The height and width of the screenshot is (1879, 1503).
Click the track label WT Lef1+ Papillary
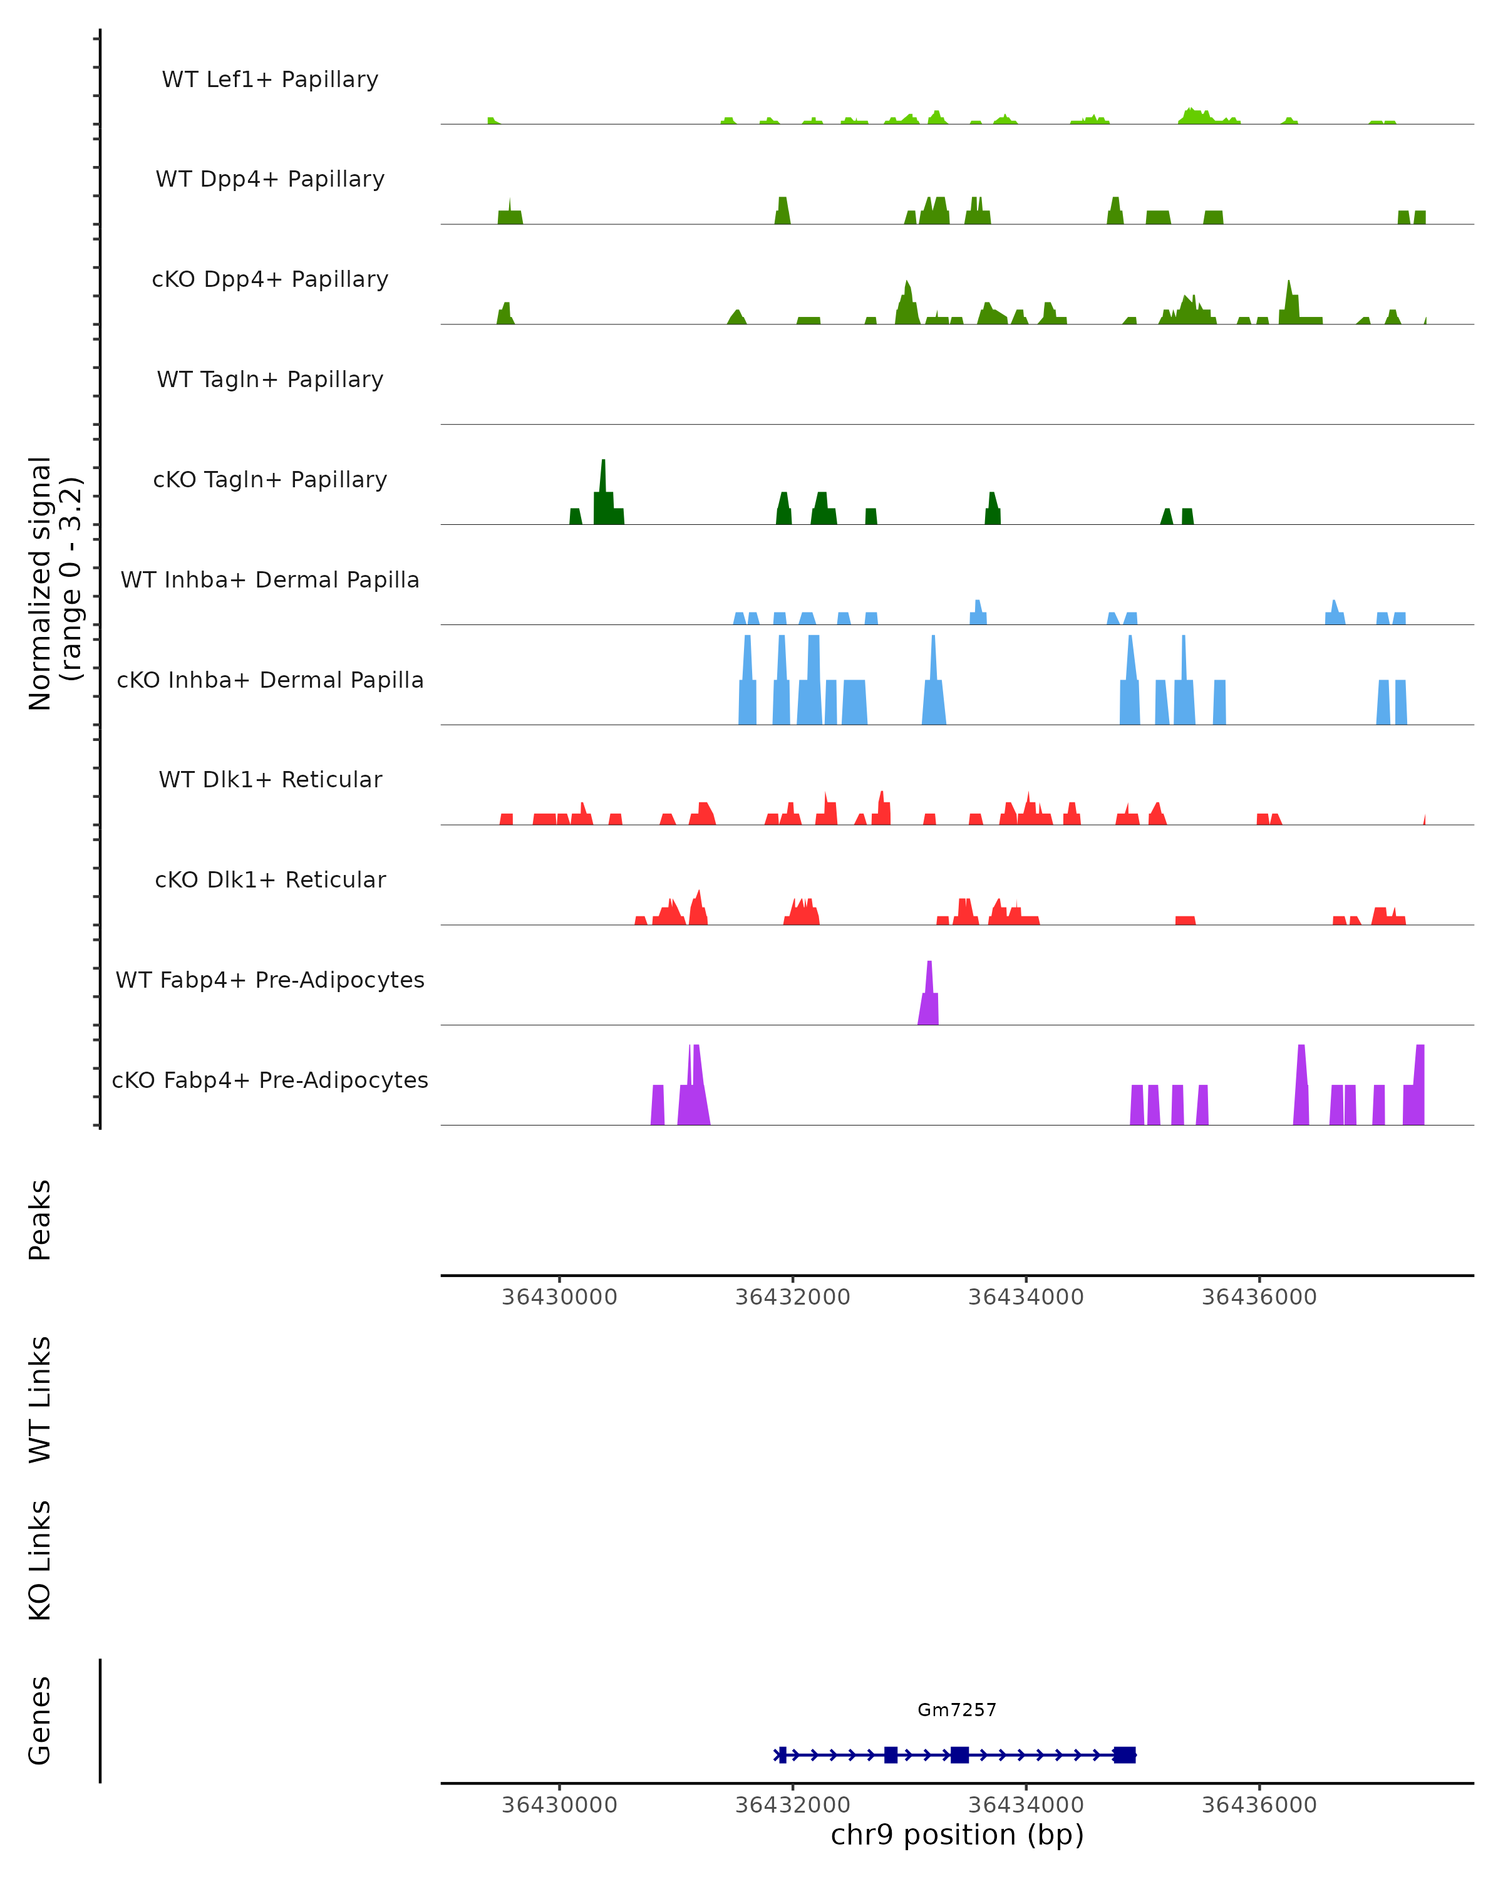(270, 80)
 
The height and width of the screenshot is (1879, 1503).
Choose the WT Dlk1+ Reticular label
(270, 779)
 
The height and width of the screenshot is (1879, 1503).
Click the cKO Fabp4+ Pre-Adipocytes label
(270, 1080)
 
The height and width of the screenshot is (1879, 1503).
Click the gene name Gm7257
(957, 1710)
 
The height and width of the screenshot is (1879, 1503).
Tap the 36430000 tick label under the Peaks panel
(559, 1297)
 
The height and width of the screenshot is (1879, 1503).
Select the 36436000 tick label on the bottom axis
(1259, 1805)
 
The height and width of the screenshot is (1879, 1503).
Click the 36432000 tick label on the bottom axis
(792, 1805)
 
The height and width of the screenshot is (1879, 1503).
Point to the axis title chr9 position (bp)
(957, 1835)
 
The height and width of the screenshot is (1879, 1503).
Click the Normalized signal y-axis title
(54, 583)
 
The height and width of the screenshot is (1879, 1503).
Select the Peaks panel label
(39, 1220)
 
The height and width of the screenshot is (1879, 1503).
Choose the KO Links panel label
(39, 1561)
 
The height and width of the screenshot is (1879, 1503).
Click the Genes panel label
(39, 1721)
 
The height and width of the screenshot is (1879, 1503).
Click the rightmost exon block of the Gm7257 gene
(1125, 1755)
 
